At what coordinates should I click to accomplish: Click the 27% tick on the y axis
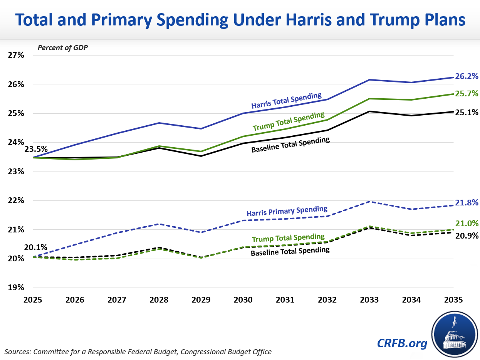[16, 55]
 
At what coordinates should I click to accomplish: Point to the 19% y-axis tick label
[16, 288]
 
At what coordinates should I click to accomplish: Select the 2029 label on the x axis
[201, 299]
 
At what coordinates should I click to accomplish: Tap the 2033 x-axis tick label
[369, 299]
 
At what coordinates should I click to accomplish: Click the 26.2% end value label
[467, 76]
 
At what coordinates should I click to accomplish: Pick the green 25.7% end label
[467, 94]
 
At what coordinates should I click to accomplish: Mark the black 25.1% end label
[467, 113]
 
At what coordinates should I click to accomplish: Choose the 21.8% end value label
[467, 203]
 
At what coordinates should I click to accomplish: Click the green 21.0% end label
[467, 224]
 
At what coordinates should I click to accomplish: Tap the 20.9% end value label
[467, 235]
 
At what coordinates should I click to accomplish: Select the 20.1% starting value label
[36, 247]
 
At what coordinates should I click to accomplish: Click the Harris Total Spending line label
[286, 101]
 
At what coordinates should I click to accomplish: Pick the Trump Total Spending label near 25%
[289, 121]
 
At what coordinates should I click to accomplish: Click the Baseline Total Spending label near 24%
[290, 145]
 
